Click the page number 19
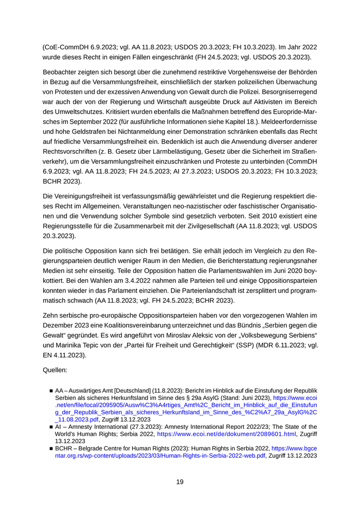pos(179,482)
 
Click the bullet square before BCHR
pos(51,449)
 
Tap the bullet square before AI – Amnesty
pos(51,427)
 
